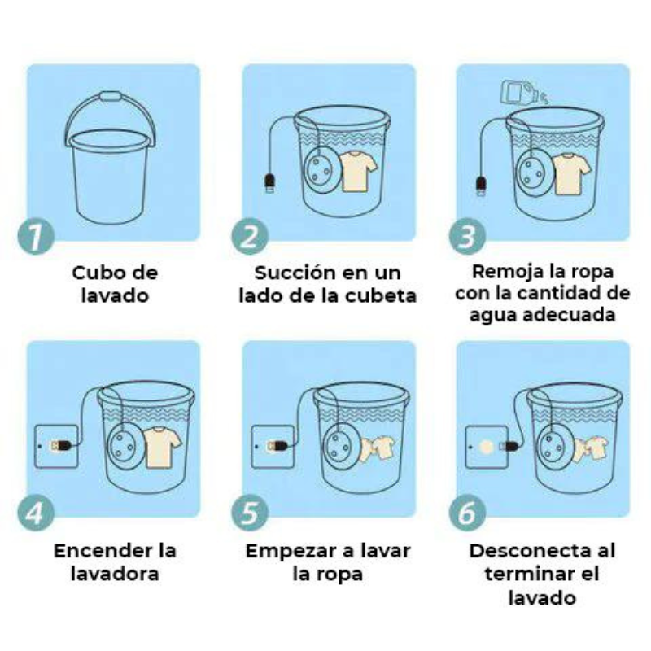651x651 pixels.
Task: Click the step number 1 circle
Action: (36, 235)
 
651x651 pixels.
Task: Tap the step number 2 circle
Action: (250, 236)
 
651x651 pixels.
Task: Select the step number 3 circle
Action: (467, 235)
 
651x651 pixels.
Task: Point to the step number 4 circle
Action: (36, 513)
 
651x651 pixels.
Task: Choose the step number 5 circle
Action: (250, 513)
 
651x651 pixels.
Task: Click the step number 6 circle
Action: (467, 513)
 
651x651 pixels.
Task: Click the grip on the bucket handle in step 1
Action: (111, 96)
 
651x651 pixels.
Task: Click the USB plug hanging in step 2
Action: (270, 183)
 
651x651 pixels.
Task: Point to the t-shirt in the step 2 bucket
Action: (357, 171)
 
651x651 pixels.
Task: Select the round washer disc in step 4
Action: (122, 445)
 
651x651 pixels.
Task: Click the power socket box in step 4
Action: (56, 446)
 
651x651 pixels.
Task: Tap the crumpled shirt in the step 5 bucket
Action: (377, 448)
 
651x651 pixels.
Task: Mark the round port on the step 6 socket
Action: (486, 447)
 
